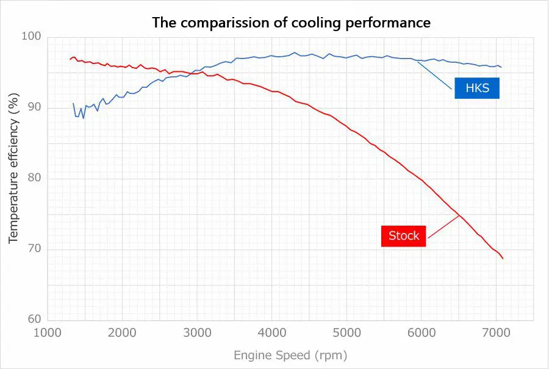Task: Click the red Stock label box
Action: coord(403,236)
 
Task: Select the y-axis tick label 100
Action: coord(32,37)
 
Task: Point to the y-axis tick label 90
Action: coord(34,108)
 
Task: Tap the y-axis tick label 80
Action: coord(34,179)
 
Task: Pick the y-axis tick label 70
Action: coord(34,249)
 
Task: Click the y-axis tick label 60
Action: coord(34,320)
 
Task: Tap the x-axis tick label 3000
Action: coord(197,333)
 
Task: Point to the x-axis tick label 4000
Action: coord(272,333)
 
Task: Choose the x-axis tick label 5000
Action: coord(346,333)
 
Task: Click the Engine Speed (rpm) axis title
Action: coord(290,354)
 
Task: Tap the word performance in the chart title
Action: coord(395,23)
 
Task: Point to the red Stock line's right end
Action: coord(503,259)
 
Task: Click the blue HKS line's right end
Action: coord(501,67)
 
